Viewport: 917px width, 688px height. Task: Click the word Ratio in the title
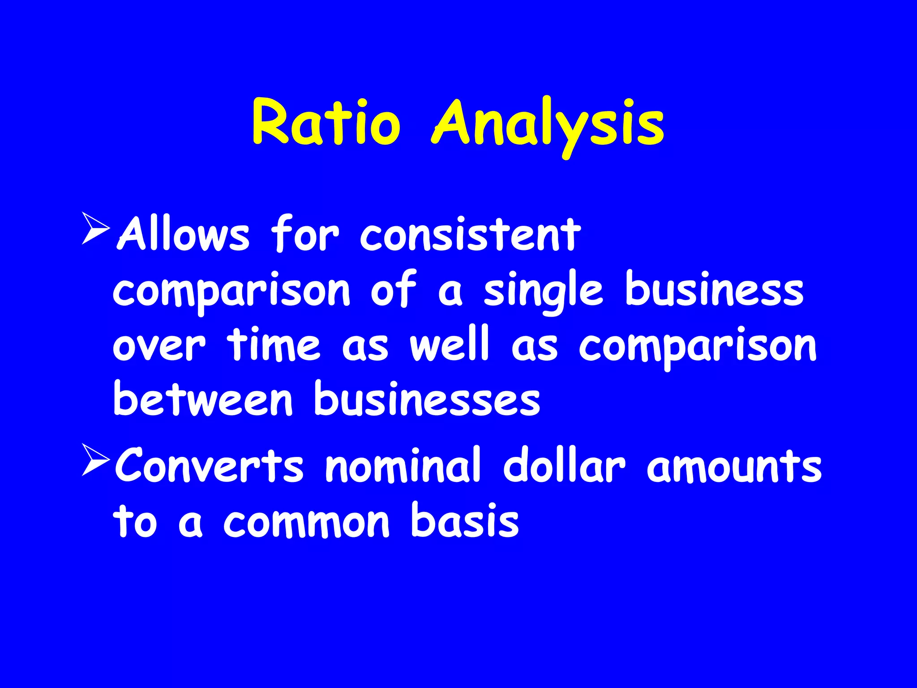[x=326, y=122]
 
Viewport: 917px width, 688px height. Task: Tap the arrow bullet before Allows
[x=96, y=229]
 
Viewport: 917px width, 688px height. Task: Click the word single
[x=543, y=291]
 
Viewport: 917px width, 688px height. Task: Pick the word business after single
[x=714, y=289]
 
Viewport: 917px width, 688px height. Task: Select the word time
[x=274, y=345]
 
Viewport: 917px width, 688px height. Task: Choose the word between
[x=203, y=399]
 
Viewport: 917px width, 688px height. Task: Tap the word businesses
[x=427, y=399]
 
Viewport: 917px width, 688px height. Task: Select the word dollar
[x=564, y=466]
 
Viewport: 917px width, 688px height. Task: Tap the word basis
[x=465, y=520]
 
